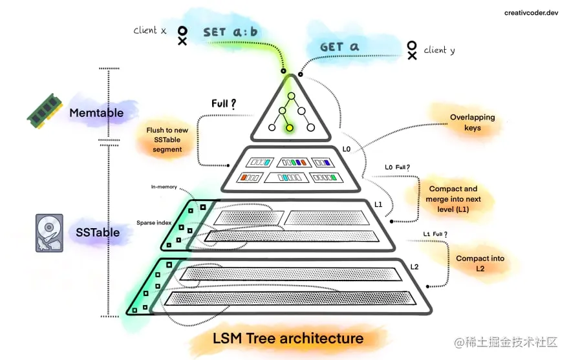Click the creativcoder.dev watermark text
coord(531,12)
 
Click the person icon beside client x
coord(182,35)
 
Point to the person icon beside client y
coord(412,50)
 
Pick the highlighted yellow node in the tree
coord(290,128)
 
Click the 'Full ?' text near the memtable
coord(223,103)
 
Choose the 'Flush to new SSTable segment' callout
coord(167,140)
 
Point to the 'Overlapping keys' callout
coord(473,123)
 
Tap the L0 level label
coord(346,149)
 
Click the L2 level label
coord(414,266)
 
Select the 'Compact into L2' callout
coord(480,263)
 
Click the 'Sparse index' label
coord(154,222)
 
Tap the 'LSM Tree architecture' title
coord(288,338)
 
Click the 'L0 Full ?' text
coord(398,168)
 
